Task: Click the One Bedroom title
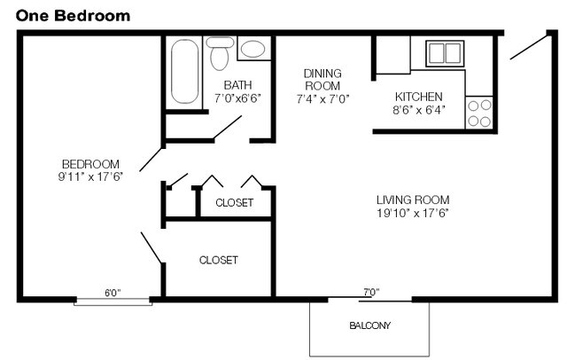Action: click(73, 16)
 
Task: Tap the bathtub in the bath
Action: click(185, 71)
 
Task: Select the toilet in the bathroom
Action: click(220, 53)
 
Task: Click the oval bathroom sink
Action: click(253, 49)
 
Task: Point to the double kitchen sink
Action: click(445, 53)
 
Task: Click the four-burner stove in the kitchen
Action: click(479, 113)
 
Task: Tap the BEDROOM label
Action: click(90, 164)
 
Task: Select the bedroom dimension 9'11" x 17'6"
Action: click(90, 176)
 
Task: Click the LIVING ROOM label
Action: click(413, 200)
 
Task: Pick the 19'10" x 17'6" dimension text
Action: click(413, 213)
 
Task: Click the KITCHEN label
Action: click(419, 97)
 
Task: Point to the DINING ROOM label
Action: click(322, 80)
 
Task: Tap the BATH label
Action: click(237, 85)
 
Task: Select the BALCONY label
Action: click(369, 325)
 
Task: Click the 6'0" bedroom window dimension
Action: click(113, 293)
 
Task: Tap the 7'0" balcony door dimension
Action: click(371, 292)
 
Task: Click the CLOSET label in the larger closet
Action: click(219, 260)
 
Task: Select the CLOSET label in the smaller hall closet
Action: click(234, 202)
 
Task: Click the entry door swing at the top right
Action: click(529, 47)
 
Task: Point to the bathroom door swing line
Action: click(228, 128)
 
